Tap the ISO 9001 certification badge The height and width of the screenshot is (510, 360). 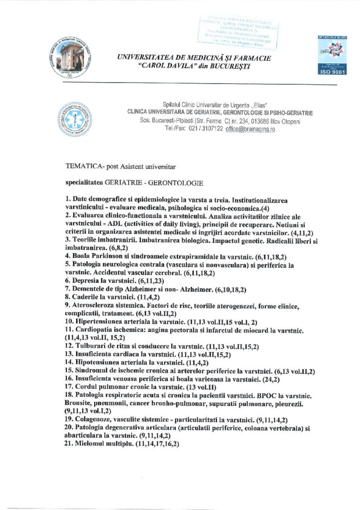click(330, 55)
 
